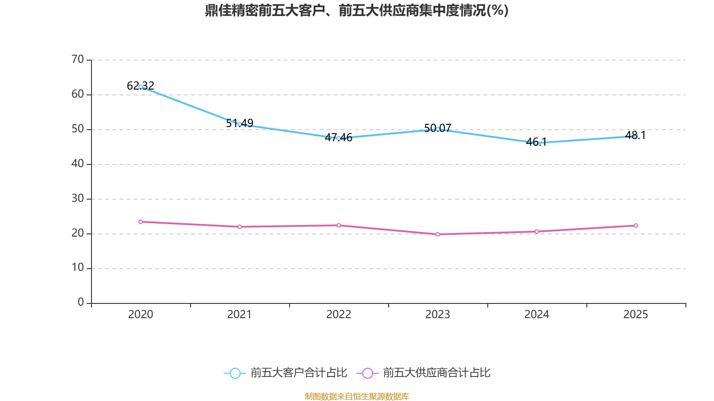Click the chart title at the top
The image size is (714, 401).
point(357,10)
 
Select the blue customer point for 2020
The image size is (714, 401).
point(141,87)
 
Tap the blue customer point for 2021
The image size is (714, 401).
point(240,124)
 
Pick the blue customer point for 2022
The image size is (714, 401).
point(339,138)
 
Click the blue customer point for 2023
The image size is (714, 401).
point(438,129)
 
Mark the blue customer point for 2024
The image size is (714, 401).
point(536,143)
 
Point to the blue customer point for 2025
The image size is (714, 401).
point(635,136)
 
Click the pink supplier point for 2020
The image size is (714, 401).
point(141,222)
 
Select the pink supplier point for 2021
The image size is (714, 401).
point(240,227)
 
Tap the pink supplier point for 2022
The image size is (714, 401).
point(339,225)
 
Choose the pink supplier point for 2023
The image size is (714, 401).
point(438,234)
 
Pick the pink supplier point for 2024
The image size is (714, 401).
point(536,232)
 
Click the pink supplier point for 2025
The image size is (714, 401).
point(635,225)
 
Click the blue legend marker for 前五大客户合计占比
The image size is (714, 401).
point(235,373)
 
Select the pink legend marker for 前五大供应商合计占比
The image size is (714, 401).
point(368,373)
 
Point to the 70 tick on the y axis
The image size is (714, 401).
point(78,59)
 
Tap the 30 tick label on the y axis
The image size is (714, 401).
point(78,198)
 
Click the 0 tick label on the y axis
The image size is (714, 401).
point(81,303)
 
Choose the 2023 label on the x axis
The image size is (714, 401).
point(438,315)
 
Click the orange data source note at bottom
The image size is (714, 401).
point(357,396)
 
